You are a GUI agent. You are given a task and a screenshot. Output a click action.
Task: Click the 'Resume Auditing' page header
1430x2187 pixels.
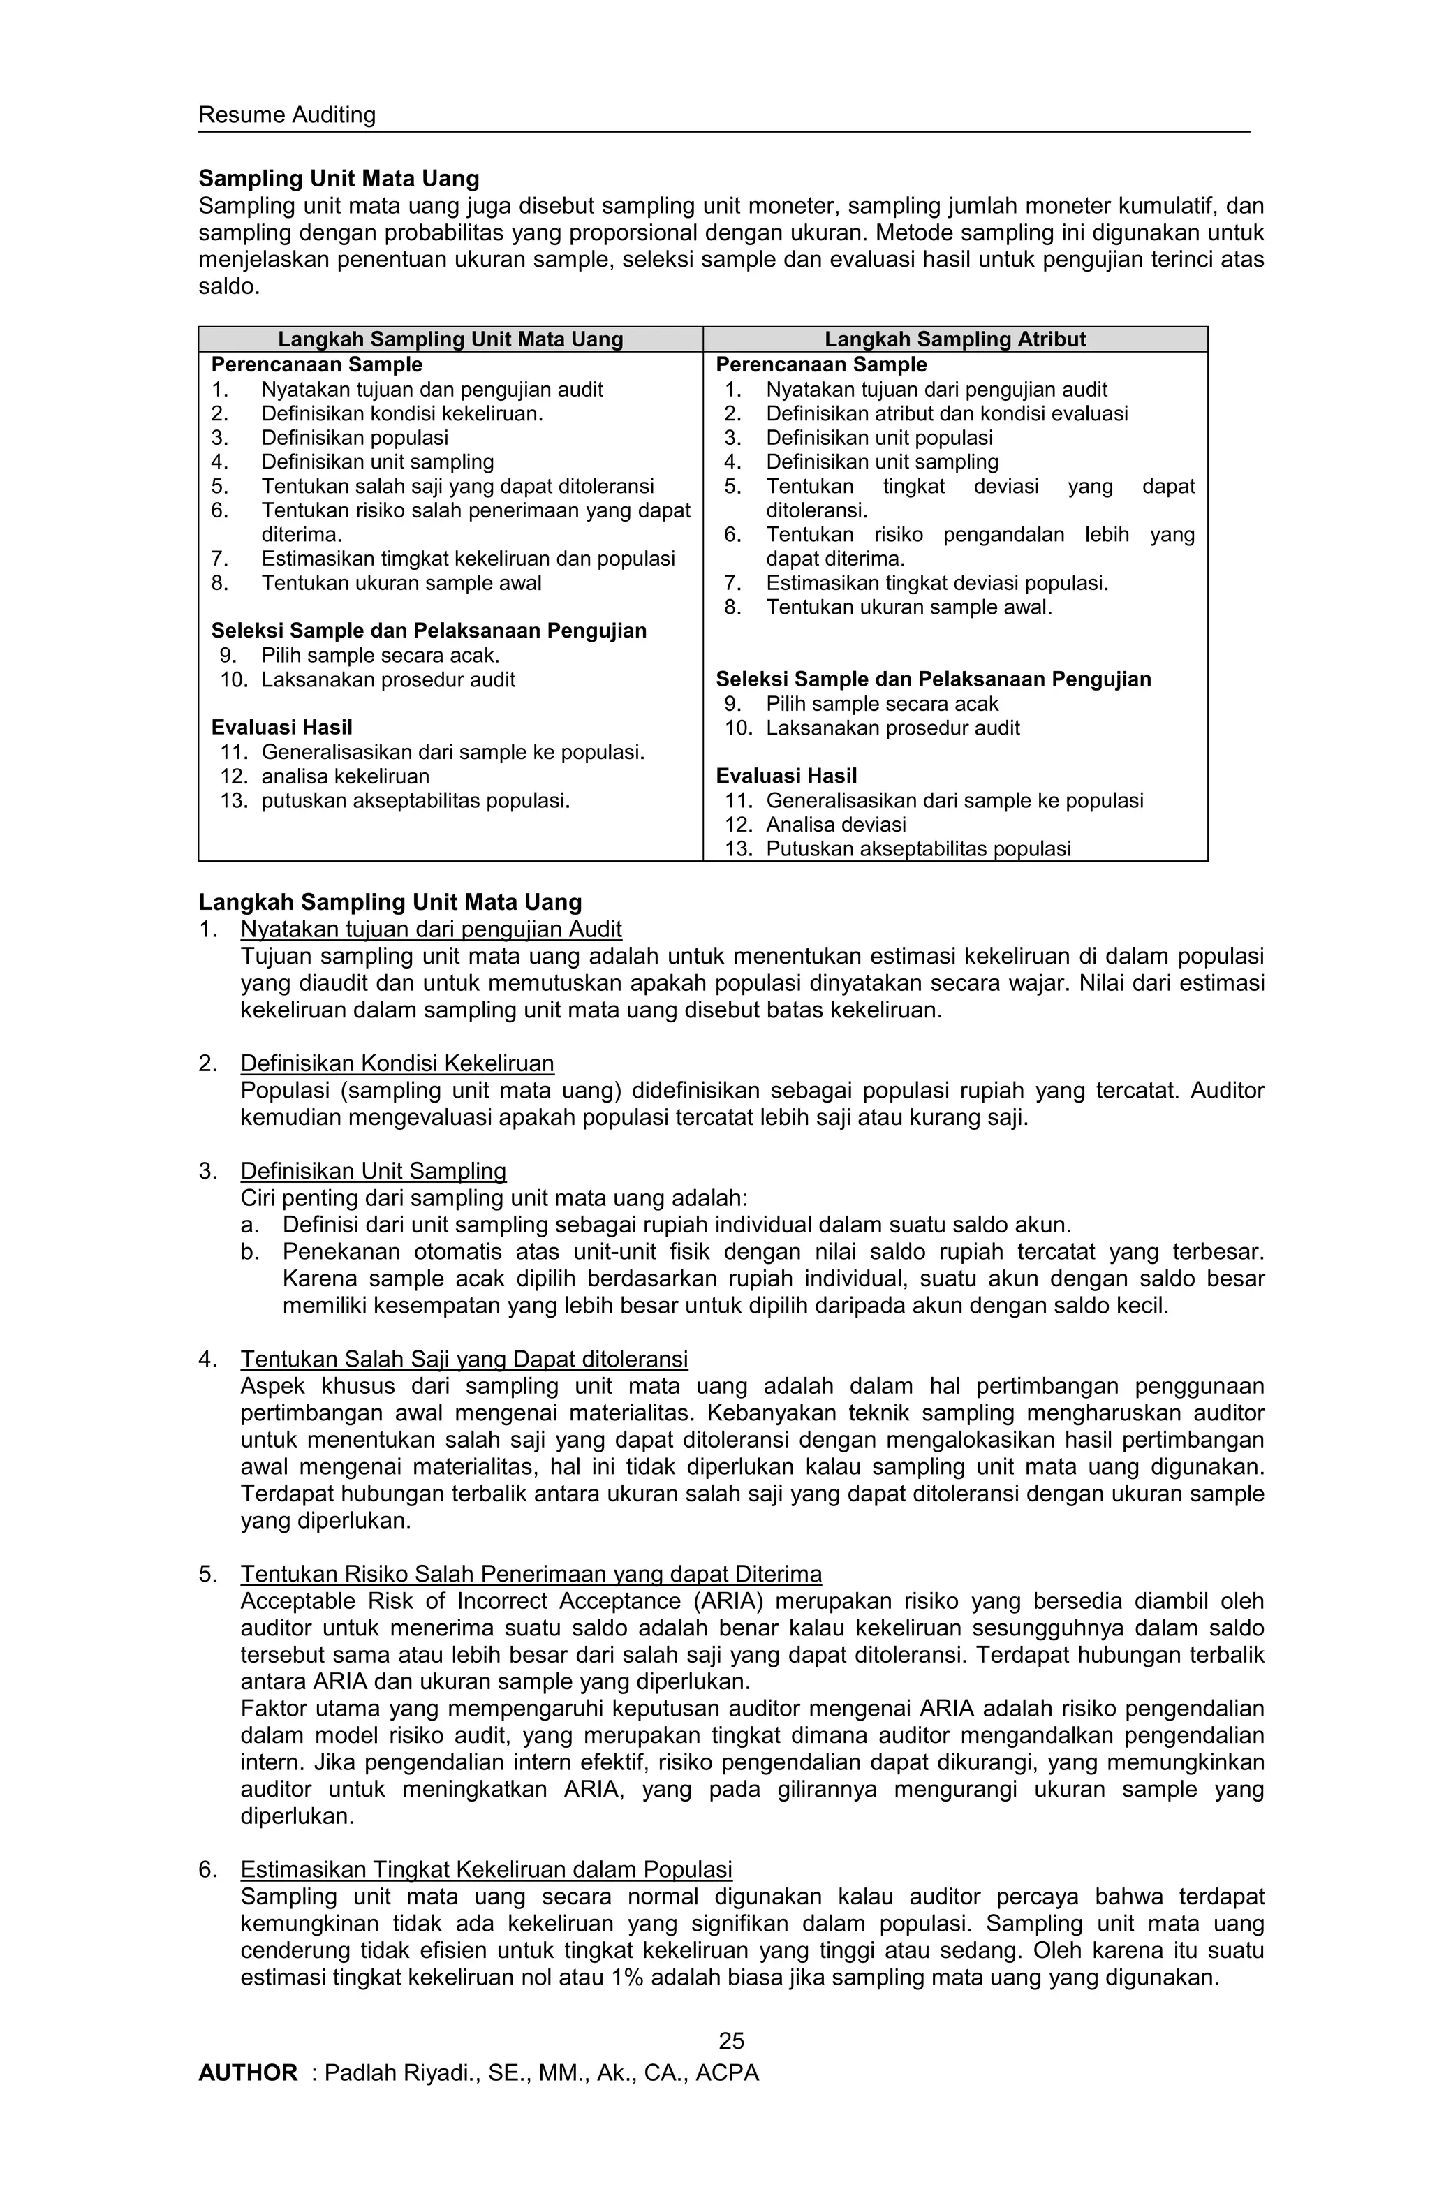pyautogui.click(x=287, y=115)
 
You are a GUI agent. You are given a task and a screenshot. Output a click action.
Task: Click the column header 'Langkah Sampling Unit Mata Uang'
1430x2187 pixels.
pyautogui.click(x=450, y=339)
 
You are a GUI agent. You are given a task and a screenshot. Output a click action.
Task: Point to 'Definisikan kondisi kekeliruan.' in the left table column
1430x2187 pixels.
pyautogui.click(x=401, y=413)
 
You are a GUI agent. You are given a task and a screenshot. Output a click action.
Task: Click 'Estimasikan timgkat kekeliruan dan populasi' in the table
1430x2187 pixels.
pyautogui.click(x=468, y=559)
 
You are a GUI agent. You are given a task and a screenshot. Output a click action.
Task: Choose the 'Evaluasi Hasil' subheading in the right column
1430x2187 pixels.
pyautogui.click(x=786, y=776)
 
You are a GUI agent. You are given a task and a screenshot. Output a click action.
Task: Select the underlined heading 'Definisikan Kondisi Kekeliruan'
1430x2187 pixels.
pyautogui.click(x=397, y=1063)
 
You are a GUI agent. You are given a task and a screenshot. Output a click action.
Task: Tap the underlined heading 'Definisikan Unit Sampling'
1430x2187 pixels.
pyautogui.click(x=373, y=1171)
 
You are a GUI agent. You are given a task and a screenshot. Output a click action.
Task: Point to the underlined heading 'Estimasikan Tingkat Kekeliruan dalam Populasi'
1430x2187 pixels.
pyautogui.click(x=486, y=1869)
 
